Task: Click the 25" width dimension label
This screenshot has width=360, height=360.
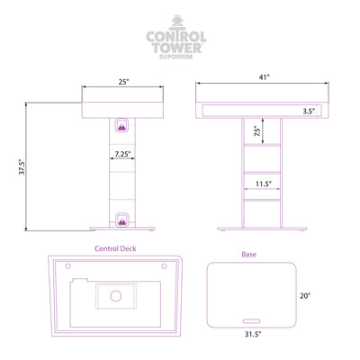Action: (123, 82)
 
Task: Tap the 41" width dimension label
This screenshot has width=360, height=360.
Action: (265, 77)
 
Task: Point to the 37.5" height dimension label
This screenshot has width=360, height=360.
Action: (22, 166)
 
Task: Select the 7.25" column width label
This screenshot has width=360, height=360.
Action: (123, 154)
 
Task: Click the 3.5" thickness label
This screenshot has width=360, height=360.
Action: (309, 112)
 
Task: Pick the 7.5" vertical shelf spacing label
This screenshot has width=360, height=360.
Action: (257, 131)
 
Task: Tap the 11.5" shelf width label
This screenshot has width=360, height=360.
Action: (264, 184)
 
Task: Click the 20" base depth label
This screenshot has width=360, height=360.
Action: (305, 296)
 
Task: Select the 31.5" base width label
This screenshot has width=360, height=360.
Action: (253, 334)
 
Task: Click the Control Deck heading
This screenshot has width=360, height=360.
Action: (115, 248)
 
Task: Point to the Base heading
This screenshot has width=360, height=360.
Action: (249, 255)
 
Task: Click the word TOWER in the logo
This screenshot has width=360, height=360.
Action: (176, 48)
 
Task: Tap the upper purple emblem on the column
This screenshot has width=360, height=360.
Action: (122, 125)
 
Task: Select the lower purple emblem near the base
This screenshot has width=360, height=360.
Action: (122, 220)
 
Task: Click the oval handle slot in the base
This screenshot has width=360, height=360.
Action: (251, 321)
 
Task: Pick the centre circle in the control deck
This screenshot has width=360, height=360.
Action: (116, 296)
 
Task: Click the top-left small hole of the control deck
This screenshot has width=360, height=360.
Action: (68, 266)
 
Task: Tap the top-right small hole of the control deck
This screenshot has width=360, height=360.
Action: (164, 266)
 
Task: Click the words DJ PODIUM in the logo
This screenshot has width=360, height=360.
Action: (176, 57)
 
